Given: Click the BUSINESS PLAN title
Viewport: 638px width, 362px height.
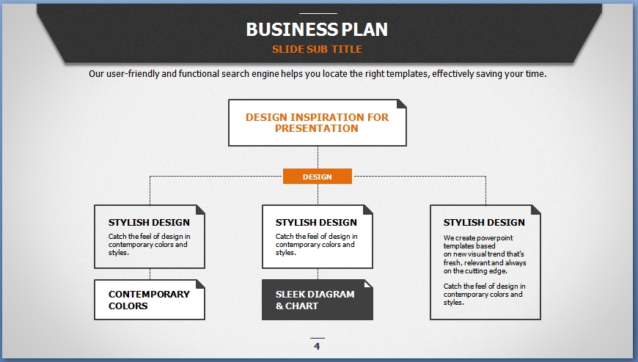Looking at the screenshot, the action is [x=317, y=29].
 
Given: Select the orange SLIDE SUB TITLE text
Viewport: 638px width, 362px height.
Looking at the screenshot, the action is [x=317, y=50].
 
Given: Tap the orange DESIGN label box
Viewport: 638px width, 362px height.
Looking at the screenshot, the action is [x=317, y=177].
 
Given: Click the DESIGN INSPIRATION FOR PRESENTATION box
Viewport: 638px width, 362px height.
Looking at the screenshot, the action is [x=317, y=122].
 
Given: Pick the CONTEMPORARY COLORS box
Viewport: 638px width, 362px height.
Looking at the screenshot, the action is [x=149, y=300].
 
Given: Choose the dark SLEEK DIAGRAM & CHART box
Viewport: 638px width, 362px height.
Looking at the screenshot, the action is [x=317, y=300].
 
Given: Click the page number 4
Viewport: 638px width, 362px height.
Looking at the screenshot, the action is [x=317, y=347].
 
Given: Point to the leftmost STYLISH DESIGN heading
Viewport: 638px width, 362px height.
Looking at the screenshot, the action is [x=149, y=222].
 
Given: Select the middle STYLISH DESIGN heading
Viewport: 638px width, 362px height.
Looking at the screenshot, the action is [x=316, y=222].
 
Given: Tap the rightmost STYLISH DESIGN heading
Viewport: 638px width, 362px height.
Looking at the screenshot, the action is [x=484, y=222].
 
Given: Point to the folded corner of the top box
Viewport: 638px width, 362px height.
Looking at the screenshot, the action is [x=401, y=104].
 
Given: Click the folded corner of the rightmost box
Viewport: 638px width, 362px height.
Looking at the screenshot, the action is [x=536, y=210].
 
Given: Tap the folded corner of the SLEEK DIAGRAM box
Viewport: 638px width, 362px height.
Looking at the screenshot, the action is [x=368, y=284].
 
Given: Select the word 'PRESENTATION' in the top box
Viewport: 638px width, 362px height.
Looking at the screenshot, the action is [x=317, y=128].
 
